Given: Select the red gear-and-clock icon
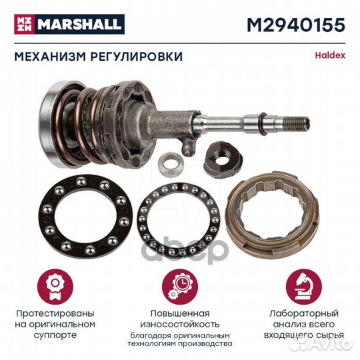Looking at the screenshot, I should [x=179, y=280].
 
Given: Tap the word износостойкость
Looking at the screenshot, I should [x=179, y=324].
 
